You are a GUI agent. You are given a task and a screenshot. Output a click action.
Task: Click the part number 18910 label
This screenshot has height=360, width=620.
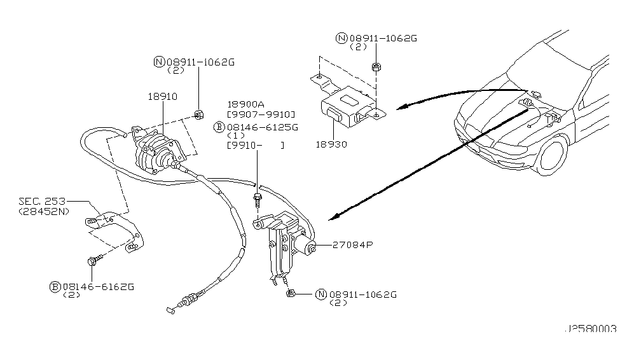(163, 97)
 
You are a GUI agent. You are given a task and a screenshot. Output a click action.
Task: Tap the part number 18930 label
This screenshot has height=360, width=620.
(331, 144)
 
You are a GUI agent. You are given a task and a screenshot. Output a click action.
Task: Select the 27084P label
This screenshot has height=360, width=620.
(353, 244)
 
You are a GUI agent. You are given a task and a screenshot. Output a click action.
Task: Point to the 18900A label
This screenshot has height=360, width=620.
(245, 104)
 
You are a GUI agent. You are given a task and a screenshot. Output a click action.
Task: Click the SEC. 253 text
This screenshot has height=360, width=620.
(42, 202)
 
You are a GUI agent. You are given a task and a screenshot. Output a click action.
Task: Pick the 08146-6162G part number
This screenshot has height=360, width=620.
(99, 287)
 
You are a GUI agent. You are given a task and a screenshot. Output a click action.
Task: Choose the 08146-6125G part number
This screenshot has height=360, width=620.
(263, 127)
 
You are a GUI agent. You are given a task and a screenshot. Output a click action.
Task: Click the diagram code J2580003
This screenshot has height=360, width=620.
(590, 329)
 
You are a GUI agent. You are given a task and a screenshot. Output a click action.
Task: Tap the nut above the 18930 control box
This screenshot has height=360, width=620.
(376, 67)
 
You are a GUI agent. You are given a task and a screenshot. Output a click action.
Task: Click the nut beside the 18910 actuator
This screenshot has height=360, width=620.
(198, 114)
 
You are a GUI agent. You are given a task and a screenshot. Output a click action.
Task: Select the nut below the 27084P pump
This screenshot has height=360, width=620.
(290, 293)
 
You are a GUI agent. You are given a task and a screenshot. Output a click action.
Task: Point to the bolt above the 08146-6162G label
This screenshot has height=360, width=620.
(93, 260)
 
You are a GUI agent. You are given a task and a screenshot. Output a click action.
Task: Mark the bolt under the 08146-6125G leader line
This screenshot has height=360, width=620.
(258, 200)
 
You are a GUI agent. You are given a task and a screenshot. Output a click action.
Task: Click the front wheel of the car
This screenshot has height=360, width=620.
(553, 155)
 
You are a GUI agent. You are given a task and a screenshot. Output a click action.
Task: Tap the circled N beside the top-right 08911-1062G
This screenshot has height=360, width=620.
(341, 38)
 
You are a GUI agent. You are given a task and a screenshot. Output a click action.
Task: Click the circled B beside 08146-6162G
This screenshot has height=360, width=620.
(55, 287)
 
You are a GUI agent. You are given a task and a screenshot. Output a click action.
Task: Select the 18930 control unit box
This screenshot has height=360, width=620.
(347, 106)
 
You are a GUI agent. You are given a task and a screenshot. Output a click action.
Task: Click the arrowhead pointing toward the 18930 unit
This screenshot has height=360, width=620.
(402, 107)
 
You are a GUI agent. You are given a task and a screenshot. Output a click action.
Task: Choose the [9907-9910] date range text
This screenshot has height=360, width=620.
(261, 114)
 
